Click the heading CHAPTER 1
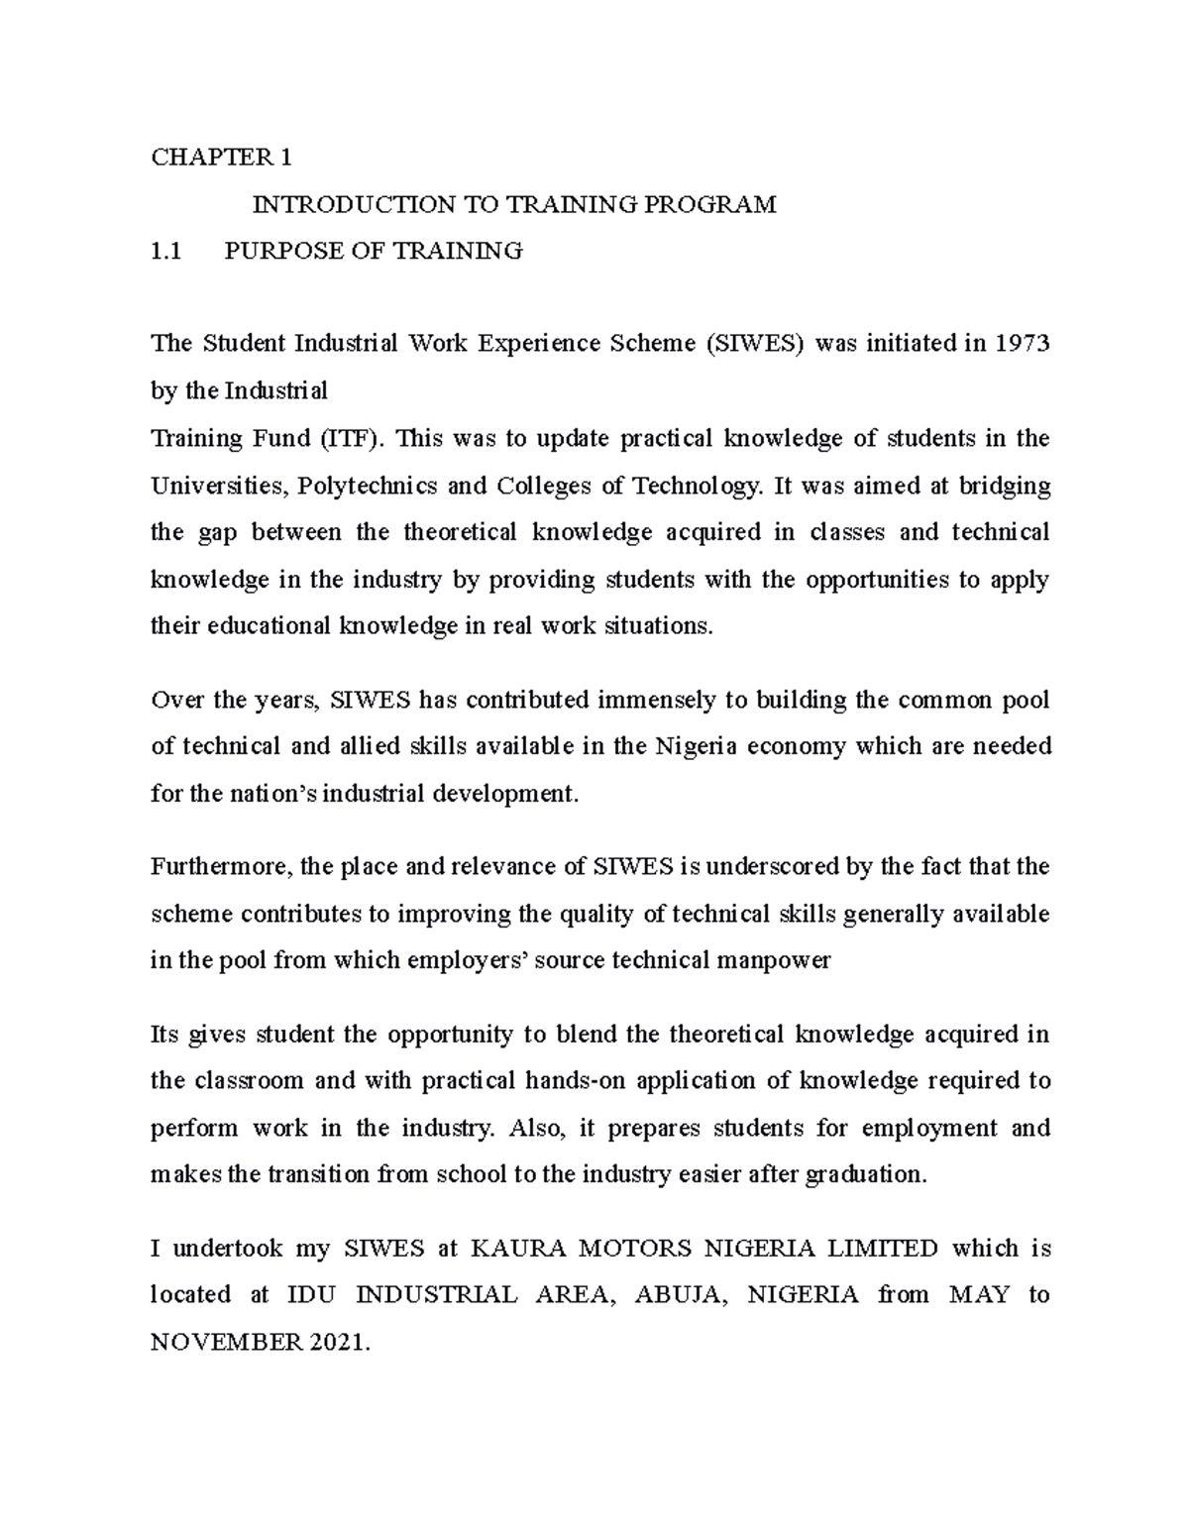221,158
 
